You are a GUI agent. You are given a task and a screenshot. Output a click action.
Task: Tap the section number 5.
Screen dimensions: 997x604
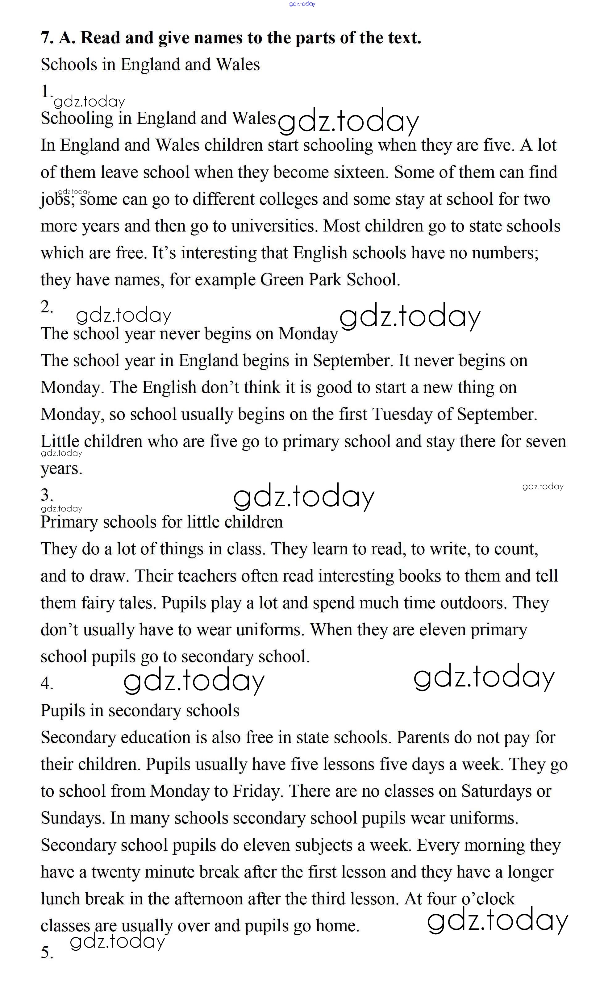[x=47, y=953]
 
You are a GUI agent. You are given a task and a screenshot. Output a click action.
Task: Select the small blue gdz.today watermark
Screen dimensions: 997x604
[x=302, y=4]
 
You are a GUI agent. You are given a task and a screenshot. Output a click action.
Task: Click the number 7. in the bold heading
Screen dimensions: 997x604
[x=47, y=38]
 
